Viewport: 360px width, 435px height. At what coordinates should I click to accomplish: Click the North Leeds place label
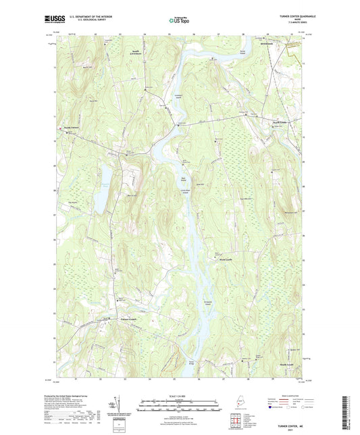click(x=262, y=122)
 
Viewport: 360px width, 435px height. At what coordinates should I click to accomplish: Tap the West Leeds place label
click(x=226, y=258)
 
